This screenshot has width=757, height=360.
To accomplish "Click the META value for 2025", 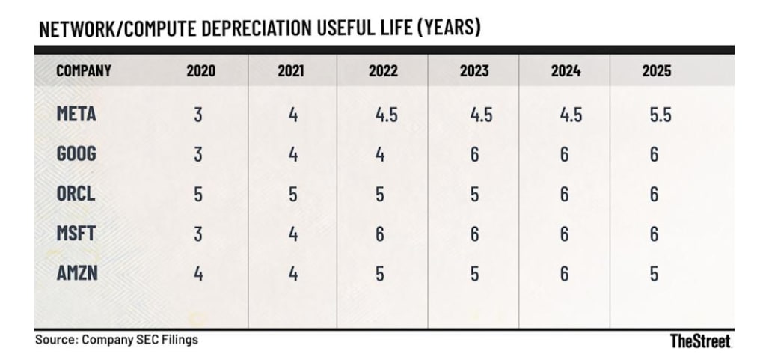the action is point(660,115).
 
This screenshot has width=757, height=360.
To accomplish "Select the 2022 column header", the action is point(383,71).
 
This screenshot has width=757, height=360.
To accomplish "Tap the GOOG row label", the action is point(76,153).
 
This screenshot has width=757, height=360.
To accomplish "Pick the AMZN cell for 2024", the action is point(564,274).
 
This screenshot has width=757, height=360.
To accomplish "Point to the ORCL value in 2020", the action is point(198,195).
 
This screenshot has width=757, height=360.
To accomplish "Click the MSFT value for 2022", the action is point(380,234).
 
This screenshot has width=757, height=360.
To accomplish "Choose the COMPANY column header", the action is point(84,71).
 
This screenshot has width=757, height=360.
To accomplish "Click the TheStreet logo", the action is point(701,341).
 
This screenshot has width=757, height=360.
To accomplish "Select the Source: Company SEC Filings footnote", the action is point(117,340).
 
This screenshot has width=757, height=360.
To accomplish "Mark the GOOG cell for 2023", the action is point(474,155).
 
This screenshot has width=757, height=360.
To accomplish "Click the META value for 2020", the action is point(198,115).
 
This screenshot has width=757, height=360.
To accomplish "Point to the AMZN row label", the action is point(77,273).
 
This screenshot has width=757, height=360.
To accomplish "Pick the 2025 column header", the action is point(657,71).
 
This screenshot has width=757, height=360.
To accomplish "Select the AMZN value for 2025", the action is point(654,274).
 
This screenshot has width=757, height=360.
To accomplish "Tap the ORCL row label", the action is point(76,194).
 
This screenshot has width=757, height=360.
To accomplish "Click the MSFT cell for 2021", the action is point(292,234).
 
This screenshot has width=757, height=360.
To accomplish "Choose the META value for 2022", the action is point(387,115).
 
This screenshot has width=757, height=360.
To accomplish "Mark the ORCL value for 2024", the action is point(564,195).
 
